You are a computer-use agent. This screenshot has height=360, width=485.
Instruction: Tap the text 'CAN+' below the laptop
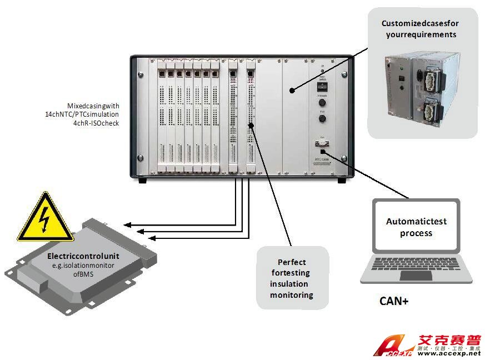coord(393,302)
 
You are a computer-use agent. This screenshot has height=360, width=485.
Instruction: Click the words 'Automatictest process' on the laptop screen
coord(416,227)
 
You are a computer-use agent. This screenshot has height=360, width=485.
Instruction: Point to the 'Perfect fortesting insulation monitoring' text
coord(292,278)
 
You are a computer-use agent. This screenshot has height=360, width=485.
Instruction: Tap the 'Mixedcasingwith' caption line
coord(93,105)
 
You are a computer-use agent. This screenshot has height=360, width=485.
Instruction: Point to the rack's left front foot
coord(142,181)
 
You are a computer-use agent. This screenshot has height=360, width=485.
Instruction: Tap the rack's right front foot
coord(341,181)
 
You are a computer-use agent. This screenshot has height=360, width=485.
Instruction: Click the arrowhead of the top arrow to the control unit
coord(127,224)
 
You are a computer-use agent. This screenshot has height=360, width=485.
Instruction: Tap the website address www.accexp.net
coord(448,353)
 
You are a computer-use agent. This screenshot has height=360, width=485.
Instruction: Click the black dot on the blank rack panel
coord(292,89)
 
